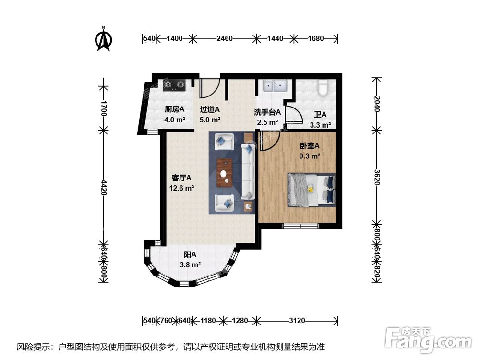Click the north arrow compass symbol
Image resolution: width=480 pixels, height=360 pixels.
click(104, 39)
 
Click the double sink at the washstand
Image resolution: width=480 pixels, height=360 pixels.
click(275, 86)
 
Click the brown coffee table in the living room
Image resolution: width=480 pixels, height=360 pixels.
click(225, 173)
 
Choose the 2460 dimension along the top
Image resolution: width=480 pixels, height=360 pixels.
click(224, 38)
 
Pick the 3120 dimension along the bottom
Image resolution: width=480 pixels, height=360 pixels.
click(297, 321)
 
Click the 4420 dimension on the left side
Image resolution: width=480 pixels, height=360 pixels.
click(104, 187)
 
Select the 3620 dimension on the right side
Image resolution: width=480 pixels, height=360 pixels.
click(377, 177)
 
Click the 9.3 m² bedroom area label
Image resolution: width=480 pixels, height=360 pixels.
click(310, 156)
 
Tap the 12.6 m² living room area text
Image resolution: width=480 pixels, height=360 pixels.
click(181, 188)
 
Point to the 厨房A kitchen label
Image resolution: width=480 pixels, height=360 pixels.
click(175, 109)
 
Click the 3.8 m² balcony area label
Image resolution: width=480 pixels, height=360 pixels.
click(190, 264)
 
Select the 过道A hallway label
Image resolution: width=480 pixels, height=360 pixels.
click(210, 109)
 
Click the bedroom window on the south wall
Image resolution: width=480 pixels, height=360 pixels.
click(301, 226)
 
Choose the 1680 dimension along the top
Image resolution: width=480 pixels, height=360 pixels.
click(316, 38)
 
